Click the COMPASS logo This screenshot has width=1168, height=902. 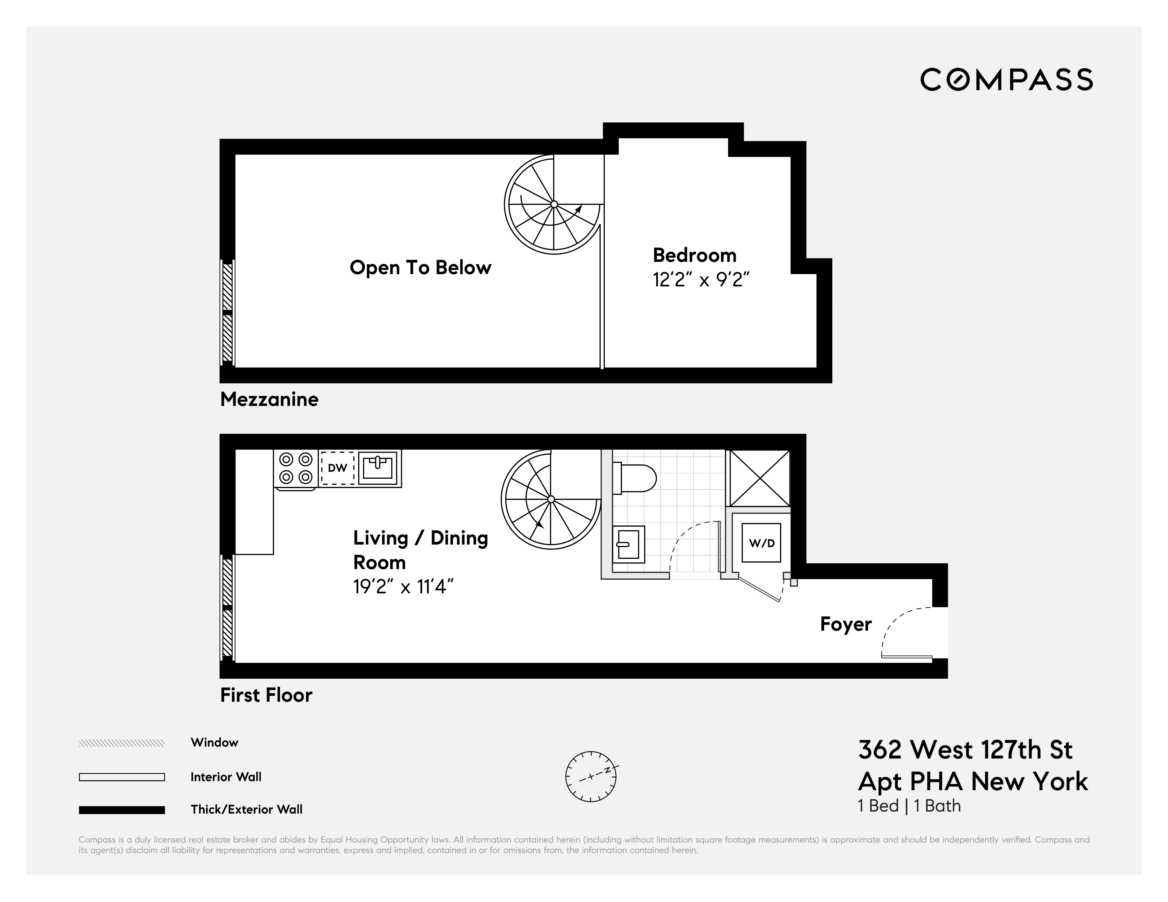point(1006,80)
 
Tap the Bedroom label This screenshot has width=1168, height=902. point(694,255)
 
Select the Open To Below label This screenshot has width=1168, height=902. point(420,268)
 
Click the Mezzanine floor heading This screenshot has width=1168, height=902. point(269,399)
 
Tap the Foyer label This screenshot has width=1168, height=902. point(845,624)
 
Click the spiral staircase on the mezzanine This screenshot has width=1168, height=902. point(554,205)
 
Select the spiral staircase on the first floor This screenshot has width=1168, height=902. point(551,499)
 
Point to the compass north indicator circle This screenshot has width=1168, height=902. point(590,776)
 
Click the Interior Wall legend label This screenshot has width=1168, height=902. point(226,777)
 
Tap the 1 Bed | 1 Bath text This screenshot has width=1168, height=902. point(909,806)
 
